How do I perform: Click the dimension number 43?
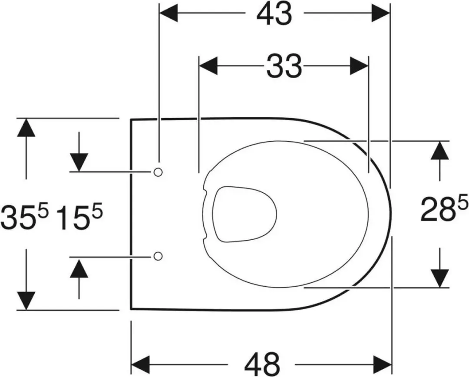pyautogui.click(x=274, y=14)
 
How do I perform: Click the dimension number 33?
pyautogui.click(x=284, y=66)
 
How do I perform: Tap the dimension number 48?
pyautogui.click(x=262, y=364)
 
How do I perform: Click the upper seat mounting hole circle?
pyautogui.click(x=158, y=172)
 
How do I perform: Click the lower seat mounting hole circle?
pyautogui.click(x=158, y=256)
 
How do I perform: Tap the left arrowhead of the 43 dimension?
pyautogui.click(x=168, y=13)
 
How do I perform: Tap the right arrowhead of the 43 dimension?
pyautogui.click(x=381, y=13)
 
